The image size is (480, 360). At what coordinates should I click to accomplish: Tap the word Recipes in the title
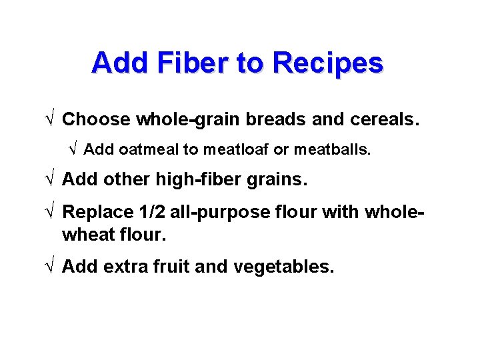327,63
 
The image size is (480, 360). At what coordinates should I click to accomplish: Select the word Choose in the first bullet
96,119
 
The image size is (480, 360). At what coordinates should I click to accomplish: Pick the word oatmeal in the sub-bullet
149,150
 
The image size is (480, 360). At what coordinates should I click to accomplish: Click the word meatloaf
235,150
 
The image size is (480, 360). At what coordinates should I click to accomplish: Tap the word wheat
86,235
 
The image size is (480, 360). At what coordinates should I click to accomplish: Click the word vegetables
283,267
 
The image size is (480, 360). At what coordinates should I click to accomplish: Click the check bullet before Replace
51,212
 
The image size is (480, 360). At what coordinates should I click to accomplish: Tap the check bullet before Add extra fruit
51,267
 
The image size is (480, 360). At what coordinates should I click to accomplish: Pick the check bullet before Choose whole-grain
51,119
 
